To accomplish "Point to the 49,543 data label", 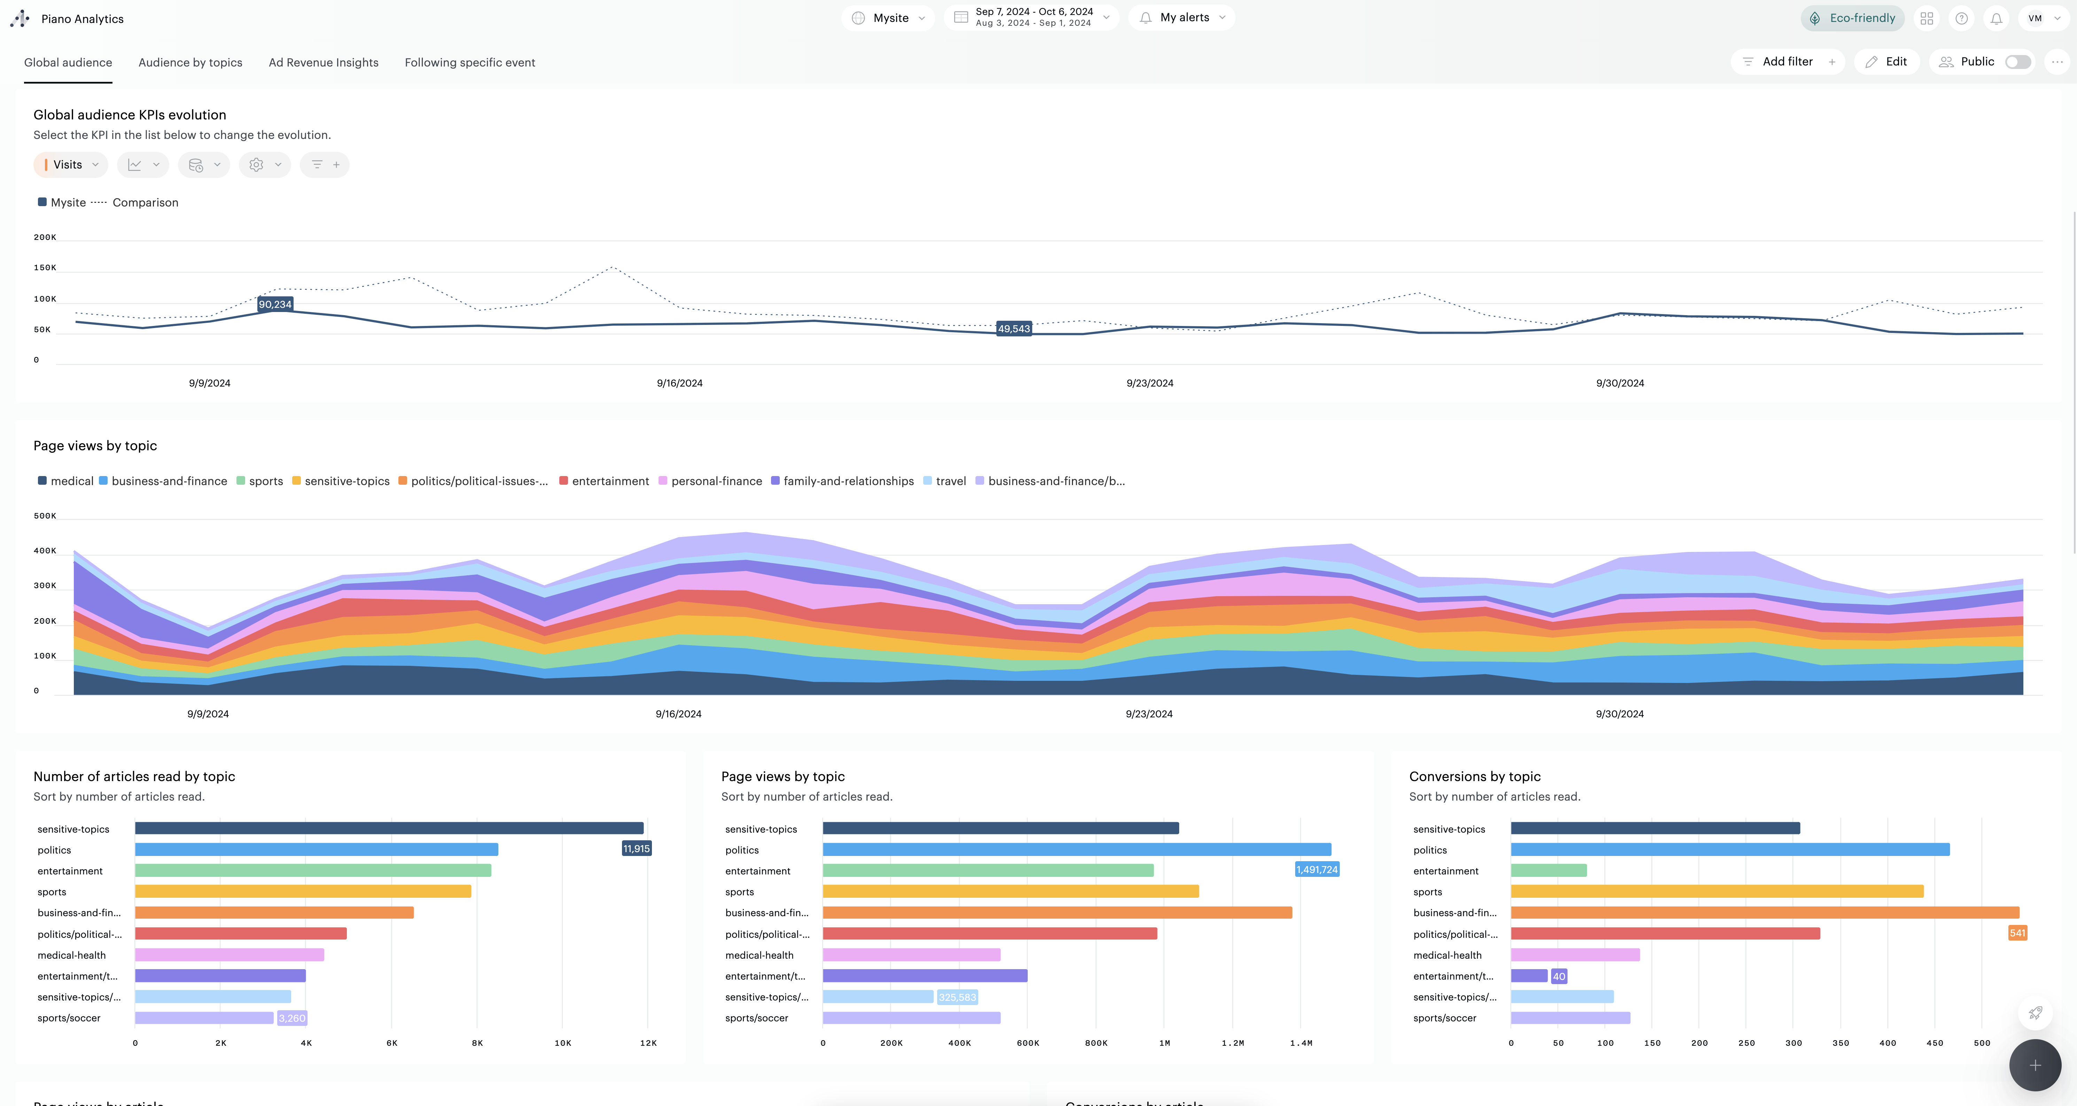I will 1013,329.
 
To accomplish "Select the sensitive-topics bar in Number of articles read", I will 389,828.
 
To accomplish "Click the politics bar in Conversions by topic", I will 1729,850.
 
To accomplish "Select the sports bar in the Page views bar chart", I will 1010,891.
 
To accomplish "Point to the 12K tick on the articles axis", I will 648,1043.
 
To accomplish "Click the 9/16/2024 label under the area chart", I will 678,714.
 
